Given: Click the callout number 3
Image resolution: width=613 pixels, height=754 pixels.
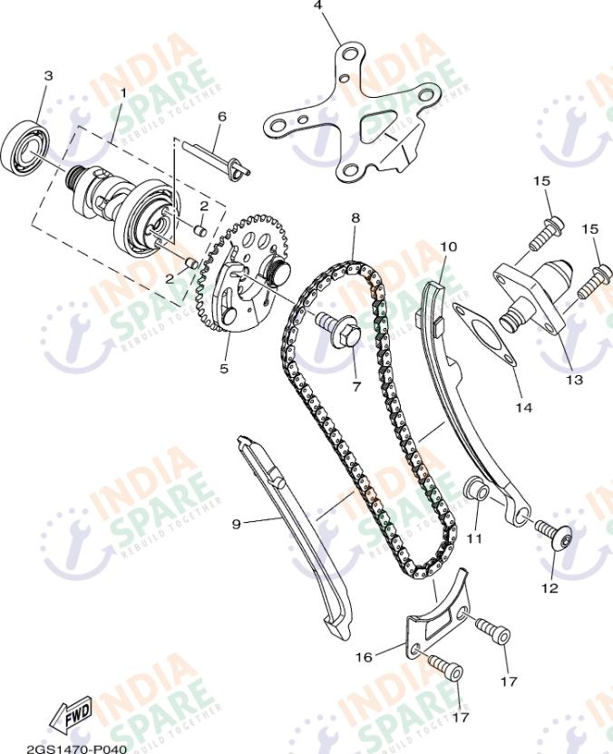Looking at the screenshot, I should click(x=48, y=76).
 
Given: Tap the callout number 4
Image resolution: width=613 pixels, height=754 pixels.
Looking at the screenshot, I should click(x=317, y=5).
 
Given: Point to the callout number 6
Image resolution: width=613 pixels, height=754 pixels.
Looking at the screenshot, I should click(x=221, y=116).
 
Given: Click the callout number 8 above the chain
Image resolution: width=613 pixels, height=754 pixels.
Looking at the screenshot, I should click(x=355, y=218).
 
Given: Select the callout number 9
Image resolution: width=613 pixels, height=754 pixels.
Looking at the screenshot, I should click(x=237, y=524).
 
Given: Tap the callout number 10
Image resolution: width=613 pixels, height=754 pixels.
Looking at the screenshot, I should click(x=448, y=246).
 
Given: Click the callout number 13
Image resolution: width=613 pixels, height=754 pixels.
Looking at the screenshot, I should click(x=574, y=380).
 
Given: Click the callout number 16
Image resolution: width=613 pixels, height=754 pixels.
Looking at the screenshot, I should click(x=363, y=657).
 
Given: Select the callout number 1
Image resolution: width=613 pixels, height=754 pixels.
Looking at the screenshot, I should click(x=124, y=92).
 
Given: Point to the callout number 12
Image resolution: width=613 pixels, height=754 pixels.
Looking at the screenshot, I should click(x=550, y=588).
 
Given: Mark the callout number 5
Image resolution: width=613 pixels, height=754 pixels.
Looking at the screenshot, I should click(x=224, y=369).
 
